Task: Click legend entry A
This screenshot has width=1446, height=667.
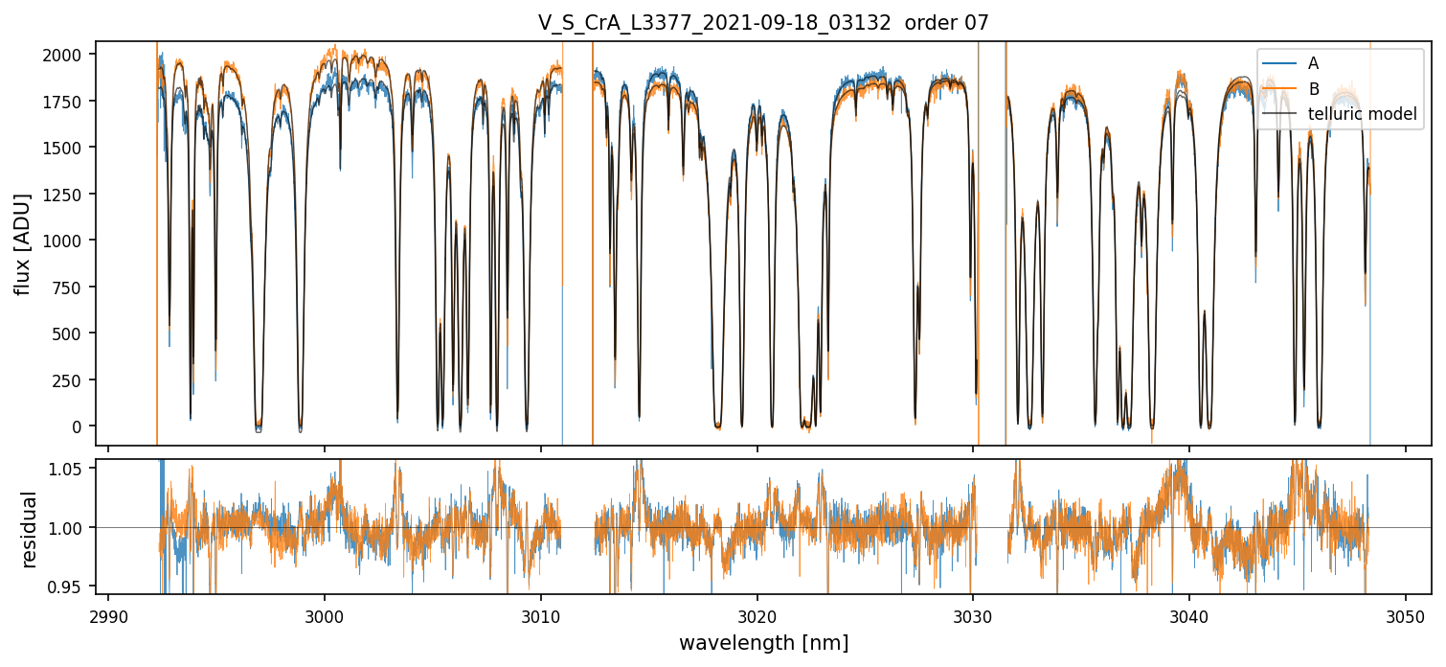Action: point(1313,63)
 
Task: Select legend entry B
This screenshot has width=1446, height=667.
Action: point(1313,89)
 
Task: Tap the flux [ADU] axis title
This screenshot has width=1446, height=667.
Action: point(22,243)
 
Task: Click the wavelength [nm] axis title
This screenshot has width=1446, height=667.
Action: point(763,643)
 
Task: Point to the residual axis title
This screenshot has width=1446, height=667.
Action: point(31,529)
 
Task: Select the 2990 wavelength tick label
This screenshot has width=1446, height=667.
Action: point(108,614)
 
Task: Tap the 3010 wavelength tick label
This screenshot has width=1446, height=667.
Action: point(541,614)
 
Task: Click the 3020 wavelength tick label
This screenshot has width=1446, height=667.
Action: point(757,614)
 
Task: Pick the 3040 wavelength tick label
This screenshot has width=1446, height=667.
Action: point(1189,614)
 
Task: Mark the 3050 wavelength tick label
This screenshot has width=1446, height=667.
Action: point(1406,614)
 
